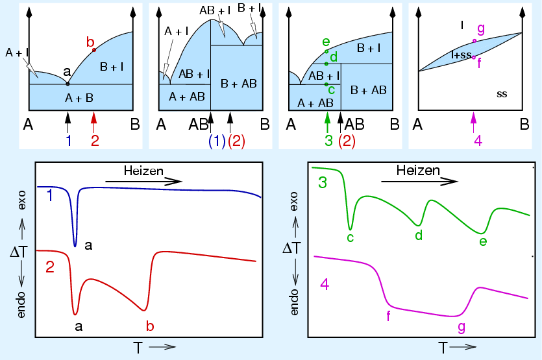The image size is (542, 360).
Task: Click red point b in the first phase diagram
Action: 94,50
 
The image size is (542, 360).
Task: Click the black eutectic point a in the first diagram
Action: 68,84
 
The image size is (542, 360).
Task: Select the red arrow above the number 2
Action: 94,119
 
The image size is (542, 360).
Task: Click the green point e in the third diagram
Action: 326,51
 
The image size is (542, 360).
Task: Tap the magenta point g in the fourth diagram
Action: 474,41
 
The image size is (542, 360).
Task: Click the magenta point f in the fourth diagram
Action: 474,57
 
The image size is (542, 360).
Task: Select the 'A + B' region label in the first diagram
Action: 80,99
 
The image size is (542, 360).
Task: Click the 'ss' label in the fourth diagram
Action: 501,94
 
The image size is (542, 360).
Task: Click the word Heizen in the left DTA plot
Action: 143,171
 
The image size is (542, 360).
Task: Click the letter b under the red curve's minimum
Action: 150,325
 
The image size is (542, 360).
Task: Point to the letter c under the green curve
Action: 350,238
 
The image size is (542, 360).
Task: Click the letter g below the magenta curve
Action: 461,327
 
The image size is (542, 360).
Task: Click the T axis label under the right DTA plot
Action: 443,348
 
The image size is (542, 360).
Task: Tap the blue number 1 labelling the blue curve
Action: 50,195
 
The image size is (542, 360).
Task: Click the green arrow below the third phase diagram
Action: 328,119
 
